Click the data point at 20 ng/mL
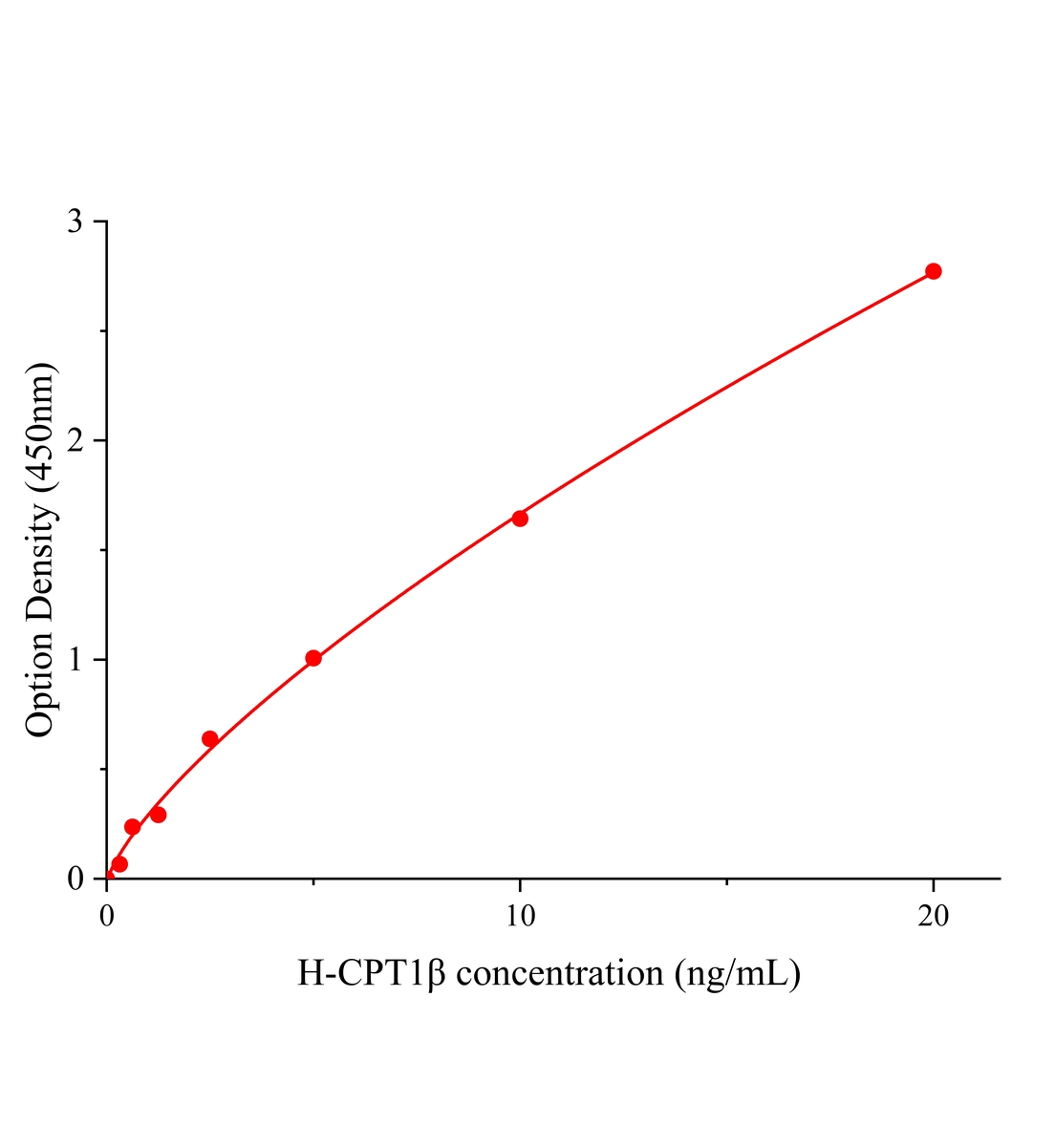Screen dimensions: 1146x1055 pos(934,271)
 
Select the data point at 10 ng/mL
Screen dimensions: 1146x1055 pos(520,519)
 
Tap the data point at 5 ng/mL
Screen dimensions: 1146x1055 pos(313,658)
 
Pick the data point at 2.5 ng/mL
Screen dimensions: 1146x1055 pos(210,738)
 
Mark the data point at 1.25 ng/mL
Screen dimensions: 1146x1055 pos(159,815)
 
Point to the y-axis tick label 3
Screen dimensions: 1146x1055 pos(75,222)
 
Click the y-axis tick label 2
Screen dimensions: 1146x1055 pos(75,440)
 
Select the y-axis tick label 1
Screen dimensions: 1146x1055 pos(75,660)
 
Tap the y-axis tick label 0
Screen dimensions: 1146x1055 pos(75,879)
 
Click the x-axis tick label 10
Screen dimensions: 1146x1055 pos(520,916)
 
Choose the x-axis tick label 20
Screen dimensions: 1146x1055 pos(934,916)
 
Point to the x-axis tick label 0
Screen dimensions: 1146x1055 pos(107,916)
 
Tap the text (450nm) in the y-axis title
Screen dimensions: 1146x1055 pos(40,427)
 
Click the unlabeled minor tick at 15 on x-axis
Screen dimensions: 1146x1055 pos(727,881)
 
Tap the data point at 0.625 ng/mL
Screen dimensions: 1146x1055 pos(133,827)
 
